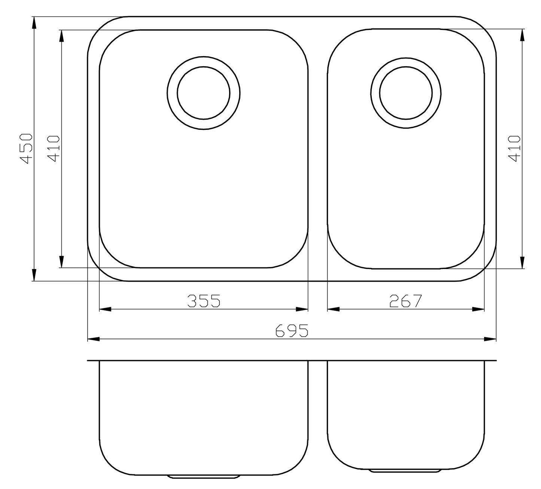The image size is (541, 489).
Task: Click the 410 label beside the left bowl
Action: [54, 149]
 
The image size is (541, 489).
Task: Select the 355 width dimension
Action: [203, 301]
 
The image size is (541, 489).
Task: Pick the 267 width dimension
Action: [405, 301]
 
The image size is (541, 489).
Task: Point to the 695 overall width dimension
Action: [292, 331]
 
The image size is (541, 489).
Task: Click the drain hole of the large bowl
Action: [204, 93]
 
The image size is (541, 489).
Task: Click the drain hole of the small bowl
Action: [406, 93]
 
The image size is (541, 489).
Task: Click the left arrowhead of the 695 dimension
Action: [93, 339]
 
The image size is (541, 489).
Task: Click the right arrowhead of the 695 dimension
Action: [490, 339]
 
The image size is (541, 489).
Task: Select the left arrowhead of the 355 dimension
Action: [105, 309]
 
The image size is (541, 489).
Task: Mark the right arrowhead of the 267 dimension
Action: [478, 309]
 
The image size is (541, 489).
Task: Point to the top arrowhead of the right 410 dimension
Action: [522, 36]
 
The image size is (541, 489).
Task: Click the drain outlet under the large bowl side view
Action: [204, 477]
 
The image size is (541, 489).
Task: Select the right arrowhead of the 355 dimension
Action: [302, 309]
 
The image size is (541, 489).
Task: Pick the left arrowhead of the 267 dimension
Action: [333, 309]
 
